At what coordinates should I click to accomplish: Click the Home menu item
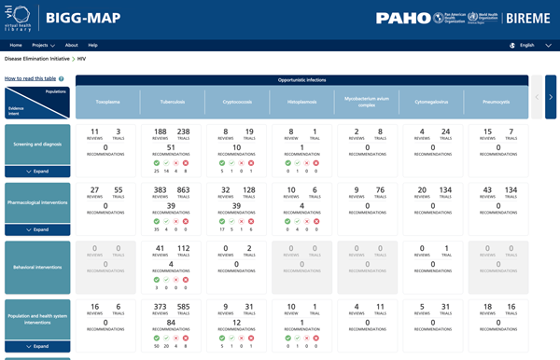[16, 45]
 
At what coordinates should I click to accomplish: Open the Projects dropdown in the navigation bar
[43, 45]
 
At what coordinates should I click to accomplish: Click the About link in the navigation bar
[72, 45]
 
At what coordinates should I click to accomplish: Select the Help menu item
[92, 45]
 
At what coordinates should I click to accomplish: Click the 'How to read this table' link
[30, 79]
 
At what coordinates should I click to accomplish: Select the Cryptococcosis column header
[238, 103]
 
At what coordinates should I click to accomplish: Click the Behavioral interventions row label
[37, 266]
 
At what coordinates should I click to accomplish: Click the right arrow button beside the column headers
[551, 97]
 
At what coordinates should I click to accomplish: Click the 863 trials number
[183, 190]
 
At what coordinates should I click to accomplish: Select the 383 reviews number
[160, 190]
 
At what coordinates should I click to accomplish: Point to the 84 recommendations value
[171, 324]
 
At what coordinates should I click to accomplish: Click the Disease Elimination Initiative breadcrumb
[37, 59]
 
